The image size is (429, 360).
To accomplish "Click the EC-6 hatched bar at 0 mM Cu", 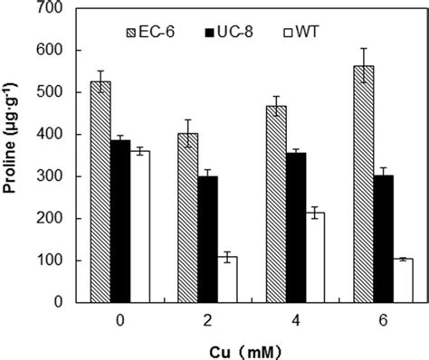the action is [x=100, y=192].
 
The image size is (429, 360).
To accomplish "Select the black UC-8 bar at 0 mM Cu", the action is [x=120, y=222].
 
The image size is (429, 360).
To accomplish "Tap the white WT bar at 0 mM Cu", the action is [x=140, y=227].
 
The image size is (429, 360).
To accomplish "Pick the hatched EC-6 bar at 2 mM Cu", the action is [x=188, y=218].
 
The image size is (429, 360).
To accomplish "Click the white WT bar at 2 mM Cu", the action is [x=227, y=279].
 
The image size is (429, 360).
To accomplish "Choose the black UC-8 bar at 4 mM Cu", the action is [x=296, y=228].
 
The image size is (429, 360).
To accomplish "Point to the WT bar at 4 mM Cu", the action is [x=315, y=258].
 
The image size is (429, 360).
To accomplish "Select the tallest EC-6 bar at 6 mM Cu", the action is [x=364, y=184].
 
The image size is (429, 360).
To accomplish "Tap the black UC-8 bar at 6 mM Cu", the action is [x=384, y=239].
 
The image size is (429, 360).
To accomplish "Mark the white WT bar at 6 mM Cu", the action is [x=403, y=280].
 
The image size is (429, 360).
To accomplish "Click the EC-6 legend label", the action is [x=157, y=32].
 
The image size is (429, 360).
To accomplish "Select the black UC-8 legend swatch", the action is [x=209, y=33].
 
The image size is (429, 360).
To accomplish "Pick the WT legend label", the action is [x=307, y=32].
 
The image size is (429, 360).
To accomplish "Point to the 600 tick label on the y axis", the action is [x=49, y=51].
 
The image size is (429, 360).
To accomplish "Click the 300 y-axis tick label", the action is [x=49, y=176].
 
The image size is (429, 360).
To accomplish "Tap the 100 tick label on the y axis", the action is [x=49, y=261].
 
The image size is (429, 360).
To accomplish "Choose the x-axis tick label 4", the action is [x=296, y=321].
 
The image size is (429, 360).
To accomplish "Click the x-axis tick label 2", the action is [x=207, y=321].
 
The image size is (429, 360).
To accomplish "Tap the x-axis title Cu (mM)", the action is [x=245, y=353].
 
